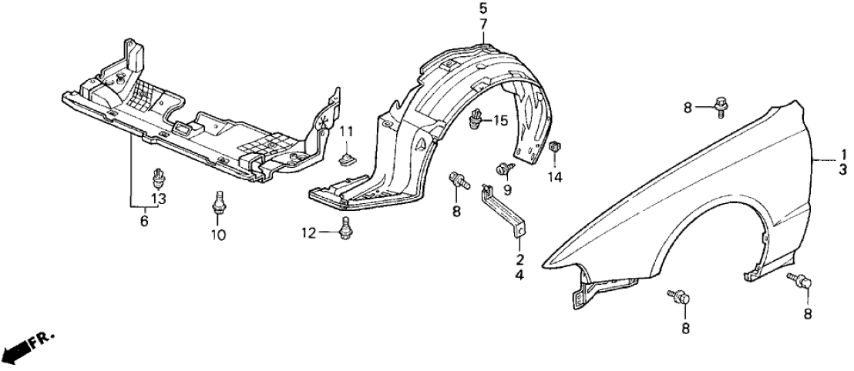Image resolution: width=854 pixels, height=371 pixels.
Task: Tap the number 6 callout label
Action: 144,222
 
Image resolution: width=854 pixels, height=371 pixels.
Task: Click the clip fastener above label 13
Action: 159,176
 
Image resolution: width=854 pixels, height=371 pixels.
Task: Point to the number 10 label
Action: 218,235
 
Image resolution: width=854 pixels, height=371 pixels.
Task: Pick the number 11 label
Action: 347,131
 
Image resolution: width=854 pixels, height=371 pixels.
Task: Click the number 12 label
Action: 308,233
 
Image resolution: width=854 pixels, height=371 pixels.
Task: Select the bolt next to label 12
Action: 345,229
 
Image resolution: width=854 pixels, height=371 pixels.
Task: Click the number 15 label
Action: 500,120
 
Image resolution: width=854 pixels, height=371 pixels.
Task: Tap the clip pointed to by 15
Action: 477,119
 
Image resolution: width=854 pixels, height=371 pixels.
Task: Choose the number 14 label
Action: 555,176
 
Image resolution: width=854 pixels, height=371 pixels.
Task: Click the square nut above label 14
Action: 556,147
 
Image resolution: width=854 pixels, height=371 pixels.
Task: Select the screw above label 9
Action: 503,170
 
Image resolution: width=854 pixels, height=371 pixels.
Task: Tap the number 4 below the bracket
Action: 519,276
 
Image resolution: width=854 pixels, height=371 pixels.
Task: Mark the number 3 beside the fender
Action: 842,170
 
